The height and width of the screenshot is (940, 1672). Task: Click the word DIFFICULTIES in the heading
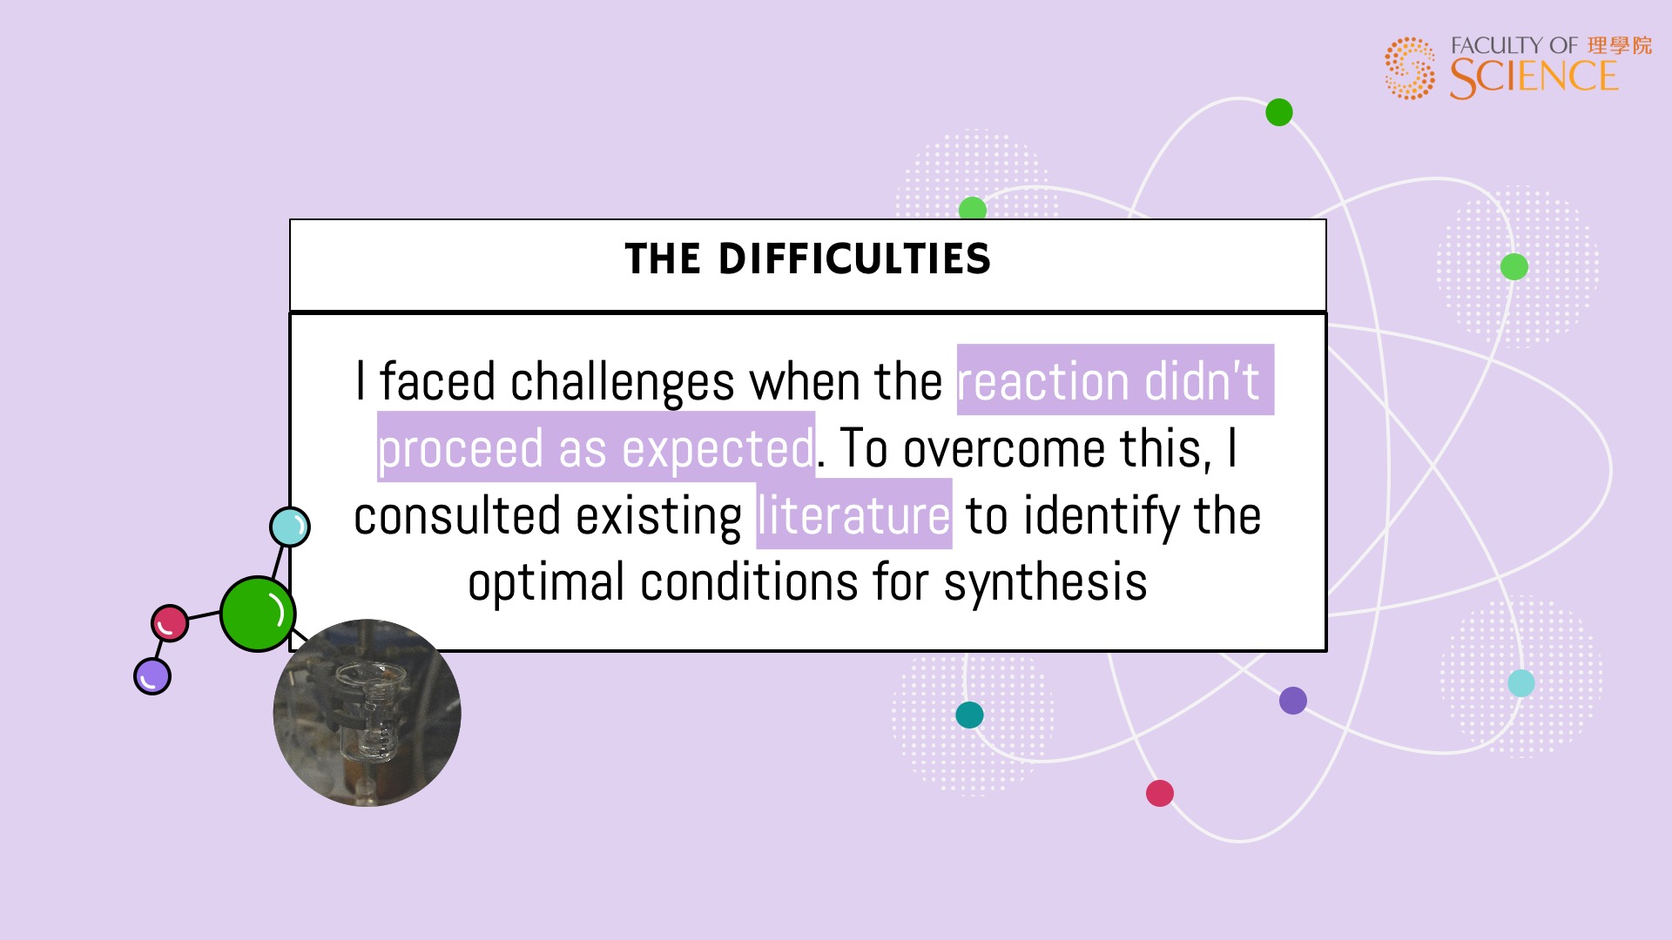point(854,258)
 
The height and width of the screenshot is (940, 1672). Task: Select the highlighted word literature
point(853,515)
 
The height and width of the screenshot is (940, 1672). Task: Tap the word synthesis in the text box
point(1045,583)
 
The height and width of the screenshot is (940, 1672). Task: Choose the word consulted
point(457,515)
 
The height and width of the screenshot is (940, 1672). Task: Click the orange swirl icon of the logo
point(1410,68)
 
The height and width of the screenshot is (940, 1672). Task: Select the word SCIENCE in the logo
point(1534,77)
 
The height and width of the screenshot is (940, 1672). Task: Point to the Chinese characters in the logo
point(1620,45)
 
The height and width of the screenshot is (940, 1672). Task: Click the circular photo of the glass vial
point(367,713)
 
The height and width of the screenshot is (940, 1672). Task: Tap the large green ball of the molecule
point(258,614)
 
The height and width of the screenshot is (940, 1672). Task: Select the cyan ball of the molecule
point(290,527)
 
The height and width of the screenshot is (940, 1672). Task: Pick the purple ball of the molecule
point(152,676)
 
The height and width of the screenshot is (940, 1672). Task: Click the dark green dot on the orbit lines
point(1279,112)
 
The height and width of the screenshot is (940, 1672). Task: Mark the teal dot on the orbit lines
point(969,715)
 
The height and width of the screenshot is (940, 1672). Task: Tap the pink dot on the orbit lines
point(1160,793)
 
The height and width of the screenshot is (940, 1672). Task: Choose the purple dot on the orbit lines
point(1293,701)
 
